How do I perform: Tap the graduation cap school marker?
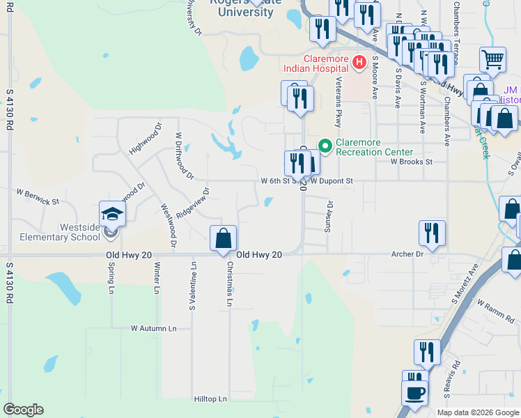coord(111,214)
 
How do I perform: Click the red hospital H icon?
coord(359,63)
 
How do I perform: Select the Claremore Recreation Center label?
coord(375,147)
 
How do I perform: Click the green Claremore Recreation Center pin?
coord(325,146)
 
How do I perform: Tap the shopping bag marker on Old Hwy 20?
coord(223,238)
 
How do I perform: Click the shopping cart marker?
coord(492,61)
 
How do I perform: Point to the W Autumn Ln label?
coord(154,327)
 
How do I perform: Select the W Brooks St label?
coord(411,162)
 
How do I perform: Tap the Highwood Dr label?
coord(145,139)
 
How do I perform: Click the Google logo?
coord(24,410)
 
